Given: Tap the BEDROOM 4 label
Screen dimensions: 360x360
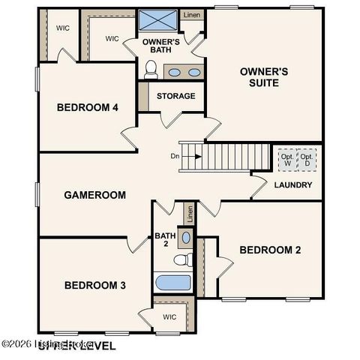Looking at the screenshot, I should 87,107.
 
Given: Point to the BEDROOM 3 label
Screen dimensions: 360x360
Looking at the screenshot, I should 94,285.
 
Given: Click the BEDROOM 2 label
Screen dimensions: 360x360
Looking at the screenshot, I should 270,250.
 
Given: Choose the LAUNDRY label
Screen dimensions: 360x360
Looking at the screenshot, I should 293,184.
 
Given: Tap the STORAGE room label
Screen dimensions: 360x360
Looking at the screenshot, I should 176,96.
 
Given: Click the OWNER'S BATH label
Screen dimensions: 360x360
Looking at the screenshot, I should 161,46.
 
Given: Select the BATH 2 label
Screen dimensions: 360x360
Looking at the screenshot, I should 165,241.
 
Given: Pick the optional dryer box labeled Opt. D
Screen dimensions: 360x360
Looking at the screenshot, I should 307,160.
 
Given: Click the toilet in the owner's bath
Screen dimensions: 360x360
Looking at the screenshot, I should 151,70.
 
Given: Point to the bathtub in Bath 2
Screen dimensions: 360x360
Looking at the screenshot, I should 172,283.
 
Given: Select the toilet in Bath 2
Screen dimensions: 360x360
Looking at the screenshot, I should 181,260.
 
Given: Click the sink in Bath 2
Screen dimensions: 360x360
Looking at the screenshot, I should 186,237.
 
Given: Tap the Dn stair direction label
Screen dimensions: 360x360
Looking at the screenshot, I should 174,157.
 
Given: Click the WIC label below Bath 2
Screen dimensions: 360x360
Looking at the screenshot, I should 170,317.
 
